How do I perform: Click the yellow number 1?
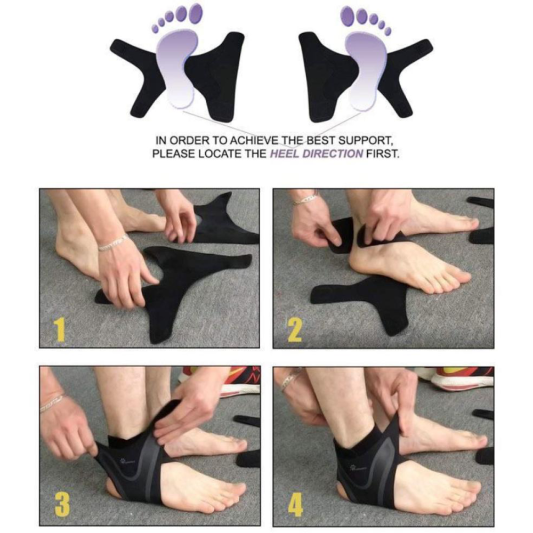[x=60, y=329]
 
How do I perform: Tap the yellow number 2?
[x=294, y=329]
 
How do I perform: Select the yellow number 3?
[x=62, y=504]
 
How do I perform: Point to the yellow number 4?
[x=295, y=504]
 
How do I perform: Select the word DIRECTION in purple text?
[x=333, y=154]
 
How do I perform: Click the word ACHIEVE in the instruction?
[x=253, y=140]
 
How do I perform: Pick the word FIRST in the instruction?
[x=382, y=154]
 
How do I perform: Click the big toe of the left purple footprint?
[x=196, y=12]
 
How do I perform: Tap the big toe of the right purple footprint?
[x=348, y=14]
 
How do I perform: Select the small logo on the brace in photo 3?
[x=126, y=461]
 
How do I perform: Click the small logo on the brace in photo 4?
[x=357, y=469]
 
